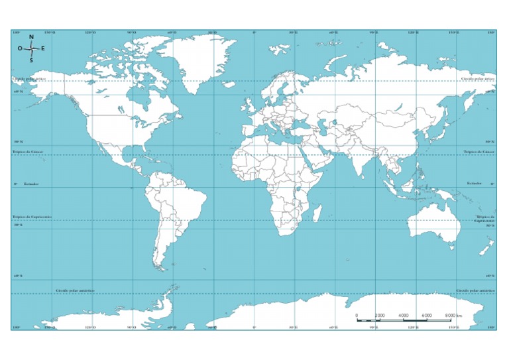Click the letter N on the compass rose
(x=31, y=37)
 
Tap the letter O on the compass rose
(x=20, y=48)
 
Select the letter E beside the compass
(x=44, y=48)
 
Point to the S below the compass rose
(x=31, y=60)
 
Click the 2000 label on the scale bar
(x=380, y=315)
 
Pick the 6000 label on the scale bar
(x=427, y=315)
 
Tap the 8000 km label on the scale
(x=453, y=315)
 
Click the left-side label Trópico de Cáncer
(x=27, y=152)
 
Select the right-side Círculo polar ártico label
(x=478, y=78)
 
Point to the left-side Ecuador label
(x=31, y=183)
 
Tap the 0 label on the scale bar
(x=357, y=315)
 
